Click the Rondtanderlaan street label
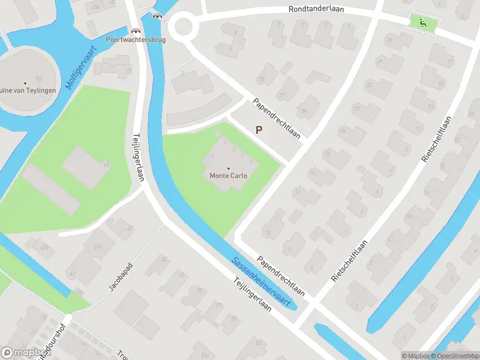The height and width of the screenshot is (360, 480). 316,10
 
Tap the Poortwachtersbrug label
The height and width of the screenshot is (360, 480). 136,39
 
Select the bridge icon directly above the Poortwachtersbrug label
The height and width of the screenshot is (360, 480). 136,30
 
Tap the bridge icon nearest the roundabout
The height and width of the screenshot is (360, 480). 158,16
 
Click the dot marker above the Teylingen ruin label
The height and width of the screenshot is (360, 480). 25,83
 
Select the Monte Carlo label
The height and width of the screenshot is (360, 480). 228,176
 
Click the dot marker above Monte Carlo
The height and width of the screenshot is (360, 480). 228,168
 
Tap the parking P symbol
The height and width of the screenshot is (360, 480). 259,130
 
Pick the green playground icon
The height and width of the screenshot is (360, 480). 424,23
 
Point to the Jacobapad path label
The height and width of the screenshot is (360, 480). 120,277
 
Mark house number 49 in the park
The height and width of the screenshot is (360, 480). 107,164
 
